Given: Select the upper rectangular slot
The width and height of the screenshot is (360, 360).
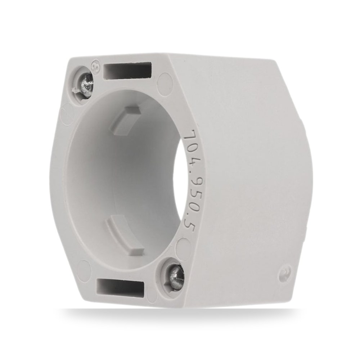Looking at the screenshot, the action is click(x=128, y=69).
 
